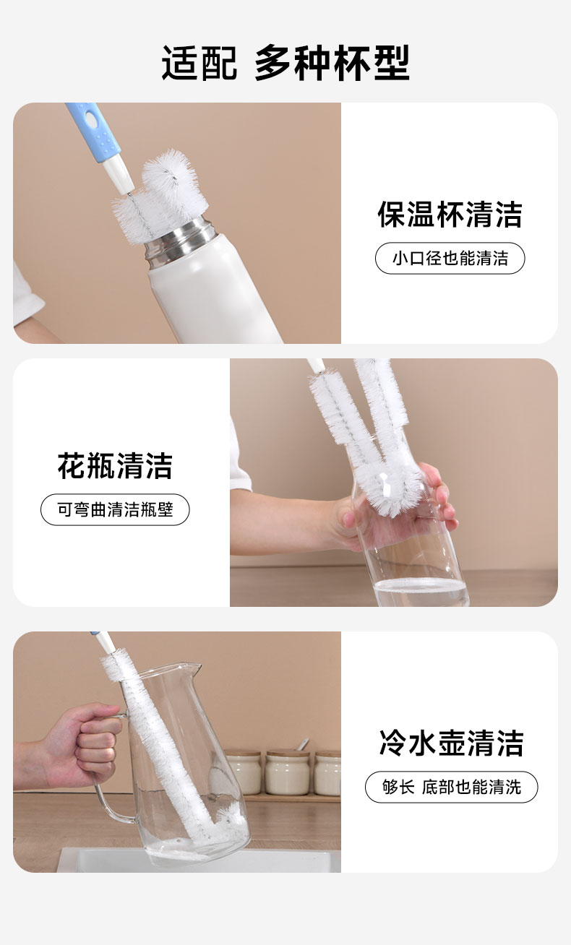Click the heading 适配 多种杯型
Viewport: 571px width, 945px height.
pyautogui.click(x=285, y=63)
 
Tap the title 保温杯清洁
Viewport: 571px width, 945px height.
pyautogui.click(x=450, y=215)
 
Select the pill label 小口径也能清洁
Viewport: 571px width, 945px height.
pyautogui.click(x=450, y=258)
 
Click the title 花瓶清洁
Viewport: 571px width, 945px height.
pyautogui.click(x=115, y=466)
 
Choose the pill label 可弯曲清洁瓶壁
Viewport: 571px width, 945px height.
pyautogui.click(x=115, y=509)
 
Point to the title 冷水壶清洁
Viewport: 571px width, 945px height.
pyautogui.click(x=451, y=743)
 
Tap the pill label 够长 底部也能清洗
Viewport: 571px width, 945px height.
pyautogui.click(x=451, y=787)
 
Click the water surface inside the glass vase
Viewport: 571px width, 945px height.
pyautogui.click(x=421, y=584)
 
